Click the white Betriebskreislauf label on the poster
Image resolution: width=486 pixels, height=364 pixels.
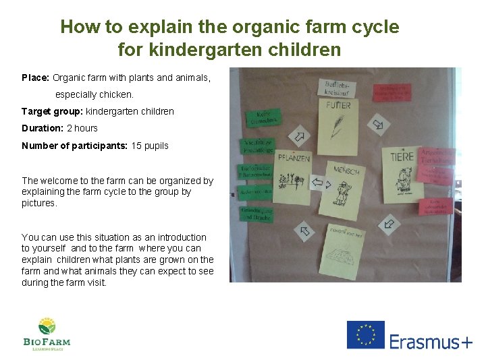pos(337,88)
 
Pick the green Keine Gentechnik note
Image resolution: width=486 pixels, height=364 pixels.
pos(262,118)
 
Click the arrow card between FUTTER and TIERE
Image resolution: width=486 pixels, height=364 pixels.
pos(379,123)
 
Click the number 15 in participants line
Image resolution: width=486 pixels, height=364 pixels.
pos(136,146)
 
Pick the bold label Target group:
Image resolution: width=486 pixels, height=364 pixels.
pos(52,111)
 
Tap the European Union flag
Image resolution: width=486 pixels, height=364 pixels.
pos(365,335)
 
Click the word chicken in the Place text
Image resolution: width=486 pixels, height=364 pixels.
pos(118,94)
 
